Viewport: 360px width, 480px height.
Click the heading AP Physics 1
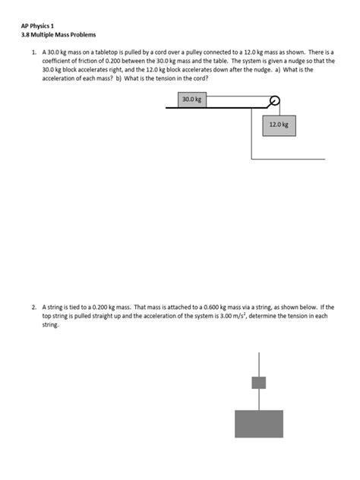[37, 25]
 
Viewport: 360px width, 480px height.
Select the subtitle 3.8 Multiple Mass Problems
[58, 35]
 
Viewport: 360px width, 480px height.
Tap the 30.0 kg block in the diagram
[191, 99]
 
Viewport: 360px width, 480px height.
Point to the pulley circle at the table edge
[274, 99]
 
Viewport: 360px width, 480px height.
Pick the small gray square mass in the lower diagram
[259, 382]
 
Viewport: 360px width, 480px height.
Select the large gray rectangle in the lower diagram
[259, 423]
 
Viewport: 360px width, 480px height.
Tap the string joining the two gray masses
[259, 399]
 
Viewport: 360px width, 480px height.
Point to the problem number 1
[33, 52]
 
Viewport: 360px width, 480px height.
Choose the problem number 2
[33, 307]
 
